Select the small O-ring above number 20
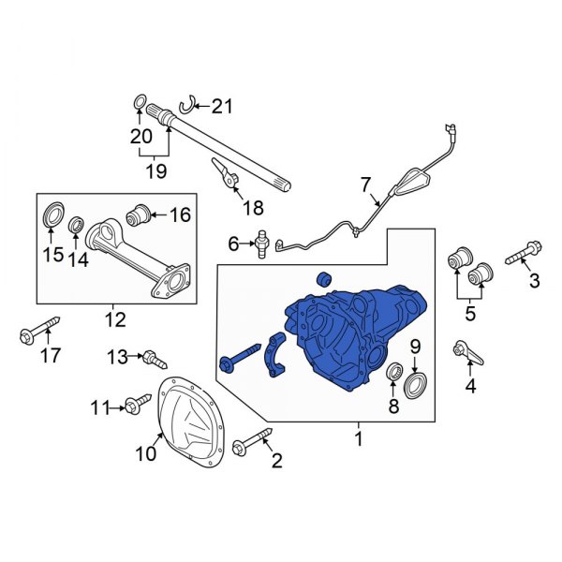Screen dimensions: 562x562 pos(139,101)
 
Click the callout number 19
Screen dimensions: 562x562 pos(155,170)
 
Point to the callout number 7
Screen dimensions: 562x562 pos(365,184)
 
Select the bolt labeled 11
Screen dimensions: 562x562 pos(137,405)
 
